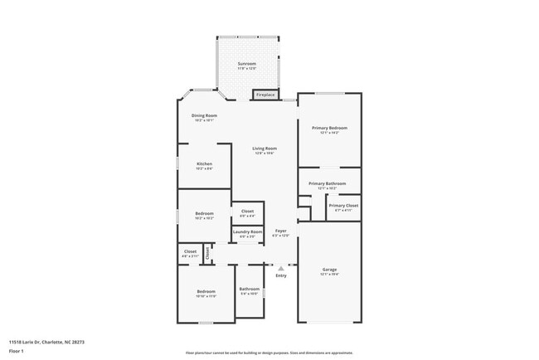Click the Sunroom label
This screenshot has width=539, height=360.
pyautogui.click(x=246, y=64)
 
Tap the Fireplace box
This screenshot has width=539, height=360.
pyautogui.click(x=265, y=95)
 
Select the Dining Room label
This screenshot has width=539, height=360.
pyautogui.click(x=204, y=115)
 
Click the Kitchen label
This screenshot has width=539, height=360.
pyautogui.click(x=204, y=163)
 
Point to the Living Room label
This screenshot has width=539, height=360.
pyautogui.click(x=265, y=148)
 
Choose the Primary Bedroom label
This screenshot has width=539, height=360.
pyautogui.click(x=329, y=128)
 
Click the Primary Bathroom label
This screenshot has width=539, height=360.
pyautogui.click(x=327, y=183)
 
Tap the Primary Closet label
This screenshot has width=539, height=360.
pyautogui.click(x=343, y=206)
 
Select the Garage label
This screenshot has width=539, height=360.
pyautogui.click(x=329, y=270)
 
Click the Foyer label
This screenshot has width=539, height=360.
pyautogui.click(x=281, y=231)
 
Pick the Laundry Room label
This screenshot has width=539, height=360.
pyautogui.click(x=247, y=231)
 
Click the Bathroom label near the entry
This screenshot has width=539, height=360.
pyautogui.click(x=249, y=289)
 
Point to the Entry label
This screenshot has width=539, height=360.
pyautogui.click(x=281, y=275)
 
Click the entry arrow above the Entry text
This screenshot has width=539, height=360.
pyautogui.click(x=281, y=267)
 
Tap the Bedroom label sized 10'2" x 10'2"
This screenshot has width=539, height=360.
pyautogui.click(x=204, y=214)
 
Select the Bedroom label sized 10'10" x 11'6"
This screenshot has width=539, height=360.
pyautogui.click(x=206, y=291)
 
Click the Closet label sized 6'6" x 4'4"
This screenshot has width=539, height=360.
pyautogui.click(x=247, y=212)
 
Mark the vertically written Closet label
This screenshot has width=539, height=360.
pyautogui.click(x=207, y=253)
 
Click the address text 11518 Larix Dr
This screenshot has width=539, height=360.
pyautogui.click(x=46, y=341)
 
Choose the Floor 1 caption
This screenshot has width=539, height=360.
pyautogui.click(x=16, y=350)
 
